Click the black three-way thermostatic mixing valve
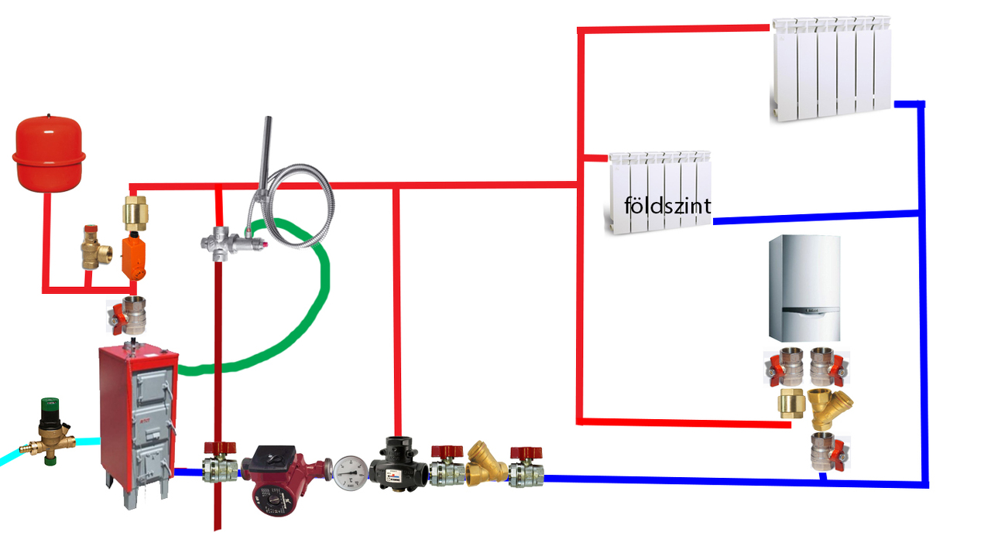(x=398, y=463)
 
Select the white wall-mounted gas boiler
(x=804, y=288)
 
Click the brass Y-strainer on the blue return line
(x=485, y=462)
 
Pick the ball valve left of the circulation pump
(x=219, y=463)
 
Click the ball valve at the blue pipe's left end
(x=526, y=467)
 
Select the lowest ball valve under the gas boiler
(x=828, y=452)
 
